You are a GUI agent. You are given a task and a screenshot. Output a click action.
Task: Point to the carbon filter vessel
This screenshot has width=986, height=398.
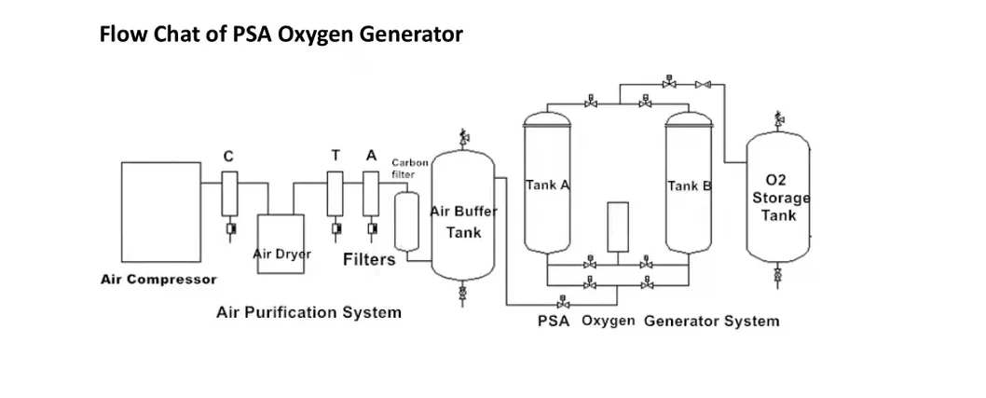[x=404, y=221]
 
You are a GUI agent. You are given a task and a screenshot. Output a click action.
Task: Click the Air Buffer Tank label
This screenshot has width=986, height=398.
[x=463, y=222]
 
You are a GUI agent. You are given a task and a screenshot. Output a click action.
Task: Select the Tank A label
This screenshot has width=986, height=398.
[x=547, y=185]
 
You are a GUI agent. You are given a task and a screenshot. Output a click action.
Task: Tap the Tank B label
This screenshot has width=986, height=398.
[x=689, y=185]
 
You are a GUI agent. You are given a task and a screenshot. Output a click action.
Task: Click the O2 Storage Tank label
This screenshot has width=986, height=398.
[x=778, y=197]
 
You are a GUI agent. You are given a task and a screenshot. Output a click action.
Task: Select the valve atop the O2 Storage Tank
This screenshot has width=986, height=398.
[x=778, y=120]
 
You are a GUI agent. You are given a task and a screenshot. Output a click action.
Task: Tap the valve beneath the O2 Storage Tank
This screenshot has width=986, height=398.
[x=778, y=276]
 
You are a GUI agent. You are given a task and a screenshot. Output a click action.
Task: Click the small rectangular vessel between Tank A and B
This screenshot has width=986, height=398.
[x=617, y=226]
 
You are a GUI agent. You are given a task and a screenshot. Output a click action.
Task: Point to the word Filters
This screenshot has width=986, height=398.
[x=369, y=259]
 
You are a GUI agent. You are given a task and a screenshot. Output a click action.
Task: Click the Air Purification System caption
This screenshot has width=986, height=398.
[x=308, y=311]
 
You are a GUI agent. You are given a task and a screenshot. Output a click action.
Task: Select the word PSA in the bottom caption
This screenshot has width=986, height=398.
[x=554, y=321]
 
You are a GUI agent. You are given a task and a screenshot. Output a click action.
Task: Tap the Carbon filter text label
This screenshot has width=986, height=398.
[x=409, y=168]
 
